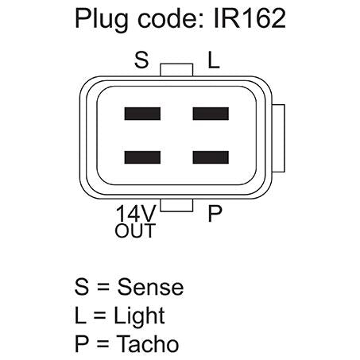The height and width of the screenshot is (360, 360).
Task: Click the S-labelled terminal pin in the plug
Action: point(142,114)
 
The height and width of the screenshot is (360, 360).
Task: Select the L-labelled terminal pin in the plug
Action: point(211,114)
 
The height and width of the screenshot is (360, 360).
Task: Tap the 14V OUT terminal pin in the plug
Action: point(142,157)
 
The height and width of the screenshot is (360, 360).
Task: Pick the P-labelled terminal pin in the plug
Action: point(211,157)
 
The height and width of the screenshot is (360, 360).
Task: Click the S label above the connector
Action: point(141,60)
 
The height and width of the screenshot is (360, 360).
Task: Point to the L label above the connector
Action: point(214,60)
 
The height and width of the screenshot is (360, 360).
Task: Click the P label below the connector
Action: point(215,213)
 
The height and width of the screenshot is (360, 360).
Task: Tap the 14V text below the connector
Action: point(136,213)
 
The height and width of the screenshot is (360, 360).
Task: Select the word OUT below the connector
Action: point(135,230)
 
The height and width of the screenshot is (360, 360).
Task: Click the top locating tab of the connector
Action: point(176,70)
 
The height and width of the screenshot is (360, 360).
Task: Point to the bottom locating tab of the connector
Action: point(176,206)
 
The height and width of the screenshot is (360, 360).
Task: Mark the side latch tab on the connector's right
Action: point(278,138)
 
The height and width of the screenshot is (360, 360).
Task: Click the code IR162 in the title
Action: point(250,18)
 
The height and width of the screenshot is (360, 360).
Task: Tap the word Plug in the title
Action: point(101,20)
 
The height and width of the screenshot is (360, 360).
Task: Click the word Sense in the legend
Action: point(150,287)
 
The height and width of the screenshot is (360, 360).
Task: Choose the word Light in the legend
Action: point(139,316)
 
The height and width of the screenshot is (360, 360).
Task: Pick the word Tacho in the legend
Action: point(148,343)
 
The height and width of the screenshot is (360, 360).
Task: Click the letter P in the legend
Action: point(81,343)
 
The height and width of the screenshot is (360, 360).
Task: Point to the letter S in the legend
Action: point(81,287)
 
